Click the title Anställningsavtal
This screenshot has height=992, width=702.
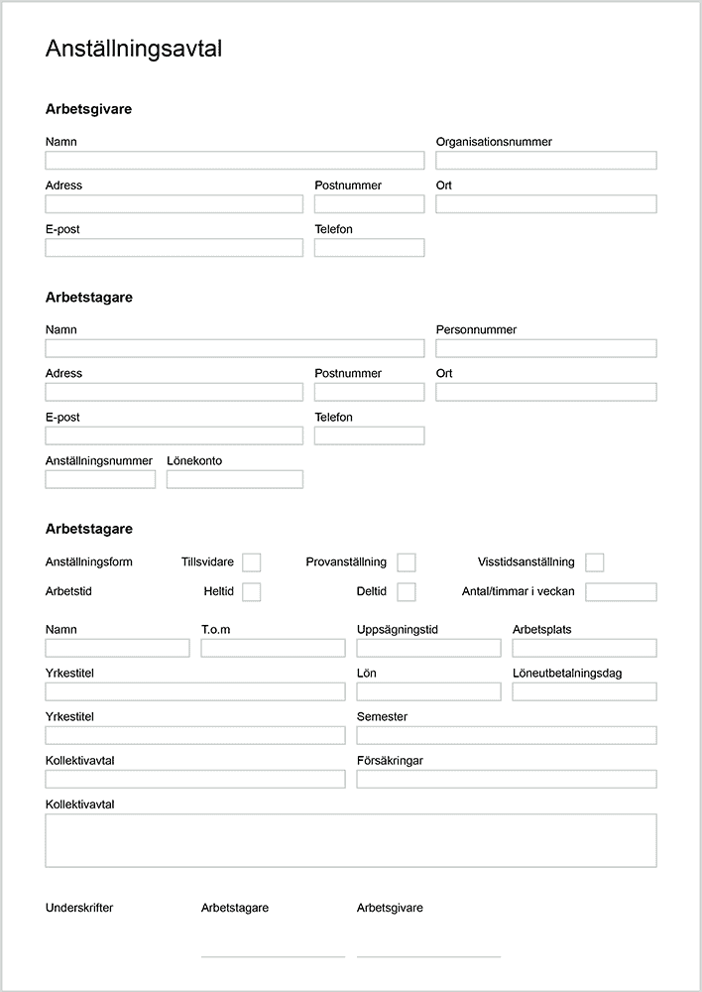(134, 50)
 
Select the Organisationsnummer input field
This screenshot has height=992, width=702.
(546, 161)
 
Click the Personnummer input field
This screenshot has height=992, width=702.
(546, 348)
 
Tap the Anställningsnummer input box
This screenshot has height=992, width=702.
(100, 479)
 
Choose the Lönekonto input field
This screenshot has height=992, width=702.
(235, 479)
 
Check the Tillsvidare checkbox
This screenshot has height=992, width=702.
(252, 562)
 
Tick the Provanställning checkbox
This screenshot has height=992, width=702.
(407, 562)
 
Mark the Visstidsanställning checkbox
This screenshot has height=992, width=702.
(595, 562)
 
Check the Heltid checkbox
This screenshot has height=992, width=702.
(252, 592)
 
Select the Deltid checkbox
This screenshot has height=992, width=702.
(407, 592)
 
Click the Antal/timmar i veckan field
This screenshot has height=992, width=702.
(621, 592)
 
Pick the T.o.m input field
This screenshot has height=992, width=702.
(273, 648)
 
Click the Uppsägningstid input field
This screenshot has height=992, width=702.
(428, 648)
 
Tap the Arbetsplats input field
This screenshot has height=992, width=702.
(584, 648)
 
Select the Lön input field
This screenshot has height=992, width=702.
(428, 691)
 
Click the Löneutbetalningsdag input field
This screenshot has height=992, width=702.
(584, 691)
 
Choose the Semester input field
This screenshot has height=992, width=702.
(507, 735)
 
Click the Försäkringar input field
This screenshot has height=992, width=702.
(507, 779)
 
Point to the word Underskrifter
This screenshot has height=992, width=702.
(79, 908)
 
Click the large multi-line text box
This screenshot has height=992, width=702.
(351, 840)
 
